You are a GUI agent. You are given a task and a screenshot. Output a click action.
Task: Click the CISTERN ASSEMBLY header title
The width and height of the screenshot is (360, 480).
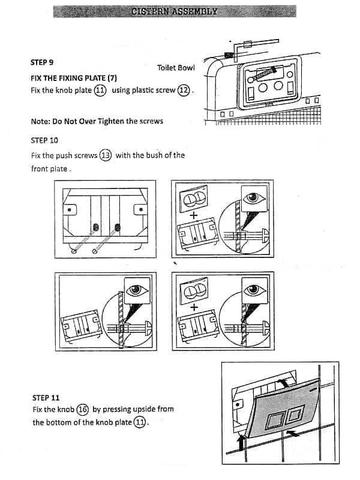[175, 11]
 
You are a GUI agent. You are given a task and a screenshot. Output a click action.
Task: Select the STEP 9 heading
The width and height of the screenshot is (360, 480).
[42, 62]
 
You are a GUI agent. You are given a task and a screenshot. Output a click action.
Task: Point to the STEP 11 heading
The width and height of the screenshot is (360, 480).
[46, 397]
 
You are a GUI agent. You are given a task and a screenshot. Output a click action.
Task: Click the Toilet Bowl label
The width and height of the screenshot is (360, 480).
[176, 68]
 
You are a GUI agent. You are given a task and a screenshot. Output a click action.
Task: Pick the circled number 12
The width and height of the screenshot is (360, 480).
[184, 91]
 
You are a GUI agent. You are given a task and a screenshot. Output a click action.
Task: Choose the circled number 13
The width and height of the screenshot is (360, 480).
[106, 155]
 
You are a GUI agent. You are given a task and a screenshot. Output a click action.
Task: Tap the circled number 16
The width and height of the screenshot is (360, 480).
[83, 410]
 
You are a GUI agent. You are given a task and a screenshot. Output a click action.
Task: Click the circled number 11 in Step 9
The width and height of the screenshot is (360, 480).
[100, 91]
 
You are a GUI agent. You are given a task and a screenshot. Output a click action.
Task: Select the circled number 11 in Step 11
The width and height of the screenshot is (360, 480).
[140, 422]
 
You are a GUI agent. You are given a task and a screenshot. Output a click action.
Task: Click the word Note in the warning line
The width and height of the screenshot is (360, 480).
[40, 121]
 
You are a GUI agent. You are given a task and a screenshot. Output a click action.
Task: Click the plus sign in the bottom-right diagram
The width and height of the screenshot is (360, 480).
[194, 307]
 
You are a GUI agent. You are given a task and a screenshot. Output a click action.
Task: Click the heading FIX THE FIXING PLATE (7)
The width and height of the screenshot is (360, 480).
[73, 78]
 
